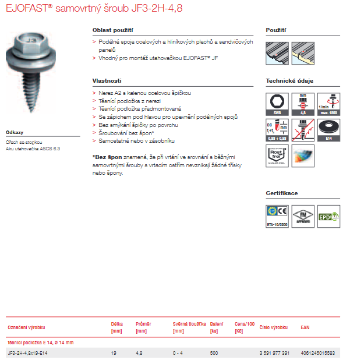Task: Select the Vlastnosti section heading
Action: point(107,81)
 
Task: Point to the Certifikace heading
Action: point(282,193)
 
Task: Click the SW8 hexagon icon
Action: point(277,104)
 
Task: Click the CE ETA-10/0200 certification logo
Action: point(277,216)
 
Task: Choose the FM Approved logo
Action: point(303,216)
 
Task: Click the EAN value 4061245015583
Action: point(317,353)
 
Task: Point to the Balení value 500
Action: point(214,353)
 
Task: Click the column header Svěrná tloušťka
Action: point(190,324)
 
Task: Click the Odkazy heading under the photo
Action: point(15,132)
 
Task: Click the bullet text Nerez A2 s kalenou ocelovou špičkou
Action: point(144,93)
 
